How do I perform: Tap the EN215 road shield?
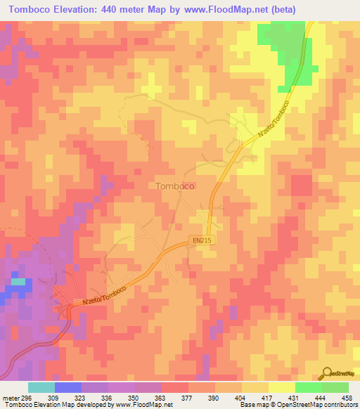202,240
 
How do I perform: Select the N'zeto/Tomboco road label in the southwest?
104,294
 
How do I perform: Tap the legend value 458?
347,397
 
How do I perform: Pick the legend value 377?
188,397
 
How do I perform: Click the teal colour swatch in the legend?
41,387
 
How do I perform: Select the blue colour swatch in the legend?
68,387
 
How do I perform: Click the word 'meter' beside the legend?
8,397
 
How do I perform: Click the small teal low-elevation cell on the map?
18,282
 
